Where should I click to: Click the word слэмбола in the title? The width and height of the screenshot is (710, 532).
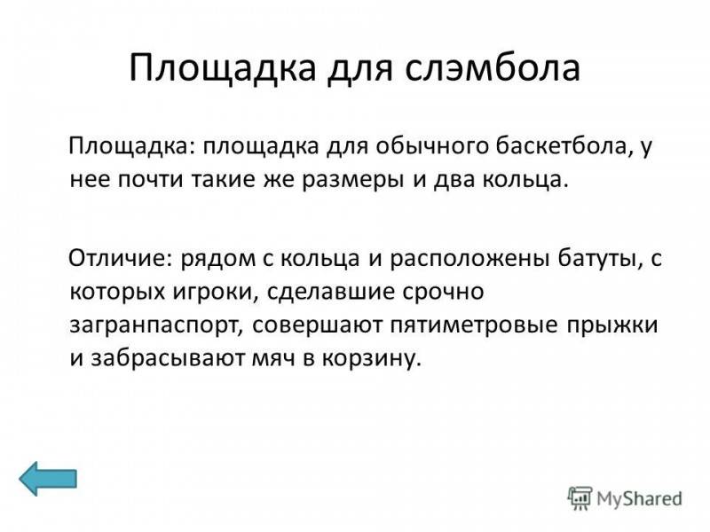(x=493, y=68)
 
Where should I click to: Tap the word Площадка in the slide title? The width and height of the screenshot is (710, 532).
(x=223, y=69)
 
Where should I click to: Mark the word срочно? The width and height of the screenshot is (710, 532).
(x=443, y=293)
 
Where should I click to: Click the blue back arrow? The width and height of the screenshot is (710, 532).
(x=48, y=479)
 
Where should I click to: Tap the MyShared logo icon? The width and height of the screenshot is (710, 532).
(x=580, y=498)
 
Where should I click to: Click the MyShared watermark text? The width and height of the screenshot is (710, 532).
(x=639, y=498)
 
